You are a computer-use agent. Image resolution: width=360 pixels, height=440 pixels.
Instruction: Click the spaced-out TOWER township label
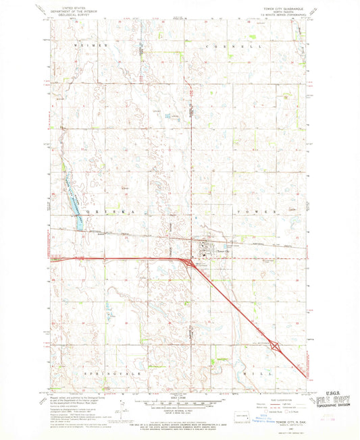tap(256, 211)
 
